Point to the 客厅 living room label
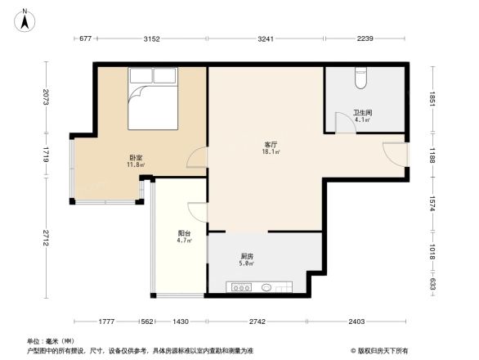[270, 144]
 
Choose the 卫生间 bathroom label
[362, 113]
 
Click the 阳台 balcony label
[185, 233]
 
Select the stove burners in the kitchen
[241, 286]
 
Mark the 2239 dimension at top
[365, 38]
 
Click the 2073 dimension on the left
[48, 99]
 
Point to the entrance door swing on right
[394, 155]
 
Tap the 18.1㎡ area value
[271, 151]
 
